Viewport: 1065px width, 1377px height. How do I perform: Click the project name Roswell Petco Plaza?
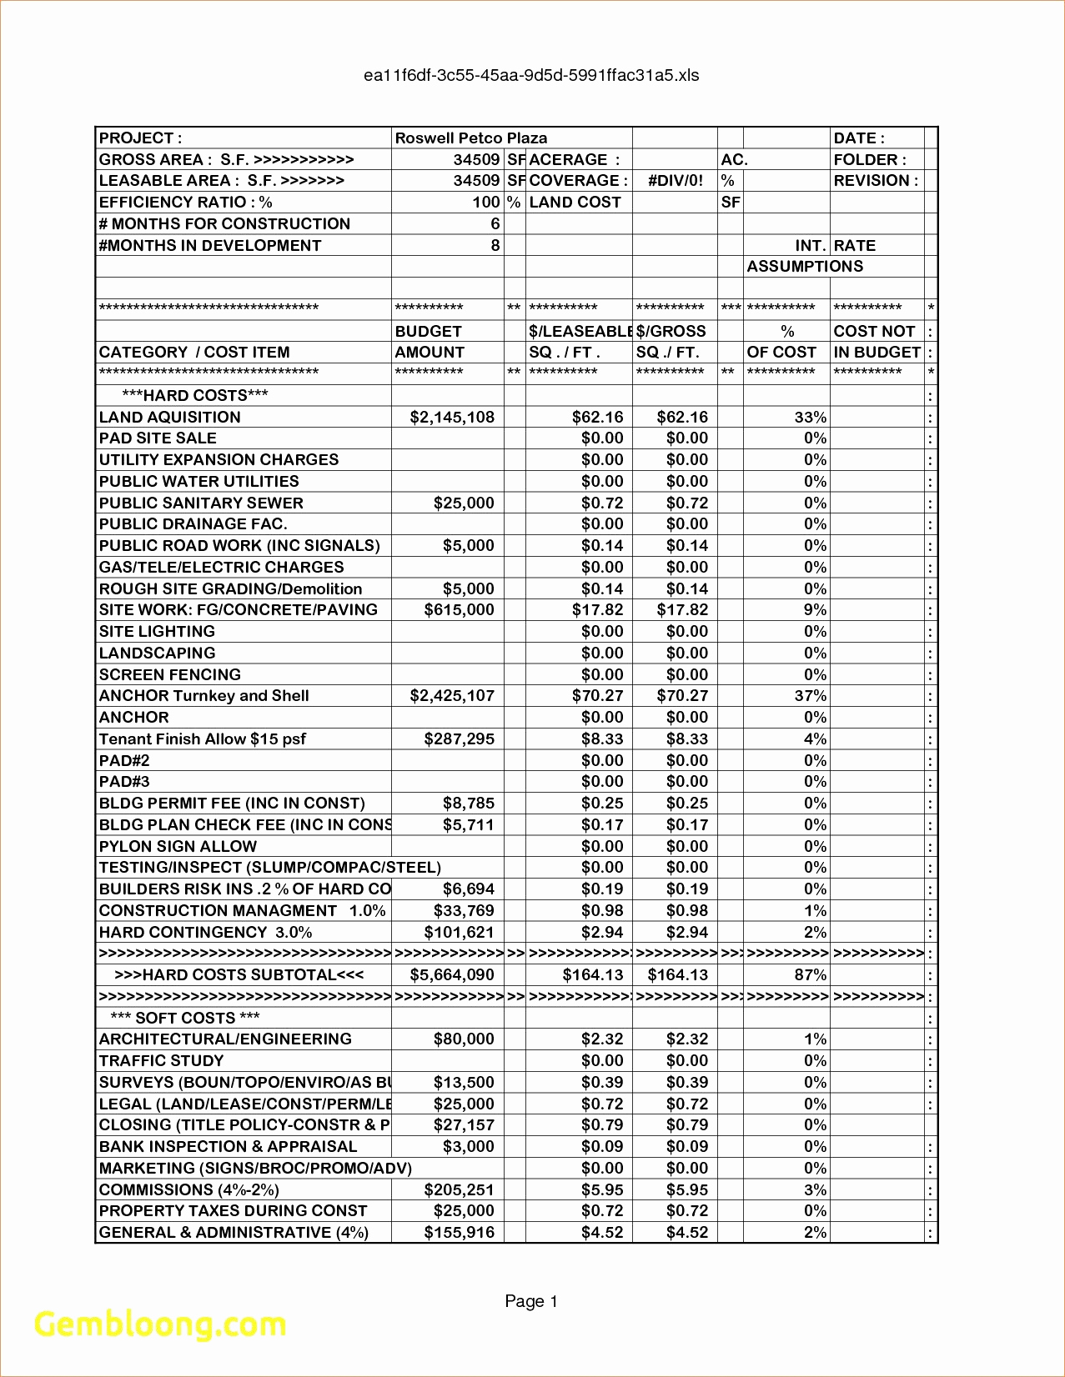[x=470, y=138]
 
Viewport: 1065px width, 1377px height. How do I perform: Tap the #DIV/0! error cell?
[x=675, y=181]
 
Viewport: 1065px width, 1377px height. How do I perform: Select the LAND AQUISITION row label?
[x=169, y=418]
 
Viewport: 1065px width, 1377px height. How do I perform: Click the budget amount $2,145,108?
[x=452, y=418]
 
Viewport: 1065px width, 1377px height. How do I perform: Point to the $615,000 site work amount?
[x=459, y=610]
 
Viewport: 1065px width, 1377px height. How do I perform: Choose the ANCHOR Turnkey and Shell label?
[x=203, y=696]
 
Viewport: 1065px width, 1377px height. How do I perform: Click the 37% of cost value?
[x=810, y=696]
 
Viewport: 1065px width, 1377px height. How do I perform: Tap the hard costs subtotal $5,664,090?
[x=452, y=975]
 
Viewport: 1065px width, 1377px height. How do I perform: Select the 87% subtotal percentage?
[x=810, y=975]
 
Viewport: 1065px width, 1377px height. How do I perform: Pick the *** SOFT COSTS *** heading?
[x=185, y=1018]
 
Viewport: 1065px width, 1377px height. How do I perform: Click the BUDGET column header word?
[x=428, y=332]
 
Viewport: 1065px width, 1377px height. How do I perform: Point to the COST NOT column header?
[x=874, y=332]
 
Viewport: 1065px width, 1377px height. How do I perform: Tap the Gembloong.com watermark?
[x=160, y=1324]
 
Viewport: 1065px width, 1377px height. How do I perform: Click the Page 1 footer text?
[x=531, y=1301]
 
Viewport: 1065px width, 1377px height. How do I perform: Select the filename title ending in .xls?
[x=531, y=76]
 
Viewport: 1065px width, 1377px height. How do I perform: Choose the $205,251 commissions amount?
[x=459, y=1190]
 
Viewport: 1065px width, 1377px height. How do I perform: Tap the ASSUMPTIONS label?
[x=805, y=267]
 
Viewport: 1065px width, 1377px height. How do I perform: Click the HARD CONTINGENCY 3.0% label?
[x=205, y=933]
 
